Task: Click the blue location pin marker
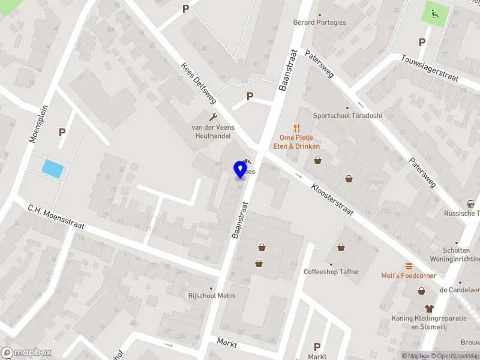pyautogui.click(x=241, y=169)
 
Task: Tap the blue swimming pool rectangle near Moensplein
pyautogui.click(x=52, y=169)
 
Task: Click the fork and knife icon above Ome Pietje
pyautogui.click(x=296, y=127)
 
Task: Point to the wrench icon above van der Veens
pyautogui.click(x=212, y=117)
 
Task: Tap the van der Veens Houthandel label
pyautogui.click(x=212, y=131)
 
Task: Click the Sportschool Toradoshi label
pyautogui.click(x=347, y=115)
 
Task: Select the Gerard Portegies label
pyautogui.click(x=319, y=22)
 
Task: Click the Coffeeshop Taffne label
pyautogui.click(x=331, y=272)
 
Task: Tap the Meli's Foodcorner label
pyautogui.click(x=409, y=275)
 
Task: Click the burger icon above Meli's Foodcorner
pyautogui.click(x=409, y=266)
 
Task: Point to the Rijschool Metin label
pyautogui.click(x=211, y=296)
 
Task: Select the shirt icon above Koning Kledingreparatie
pyautogui.click(x=428, y=308)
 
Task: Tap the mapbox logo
pyautogui.click(x=26, y=353)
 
